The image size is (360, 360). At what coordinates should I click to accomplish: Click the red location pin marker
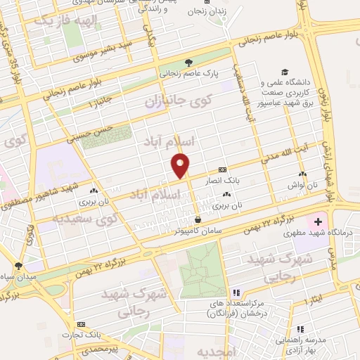click(x=181, y=164)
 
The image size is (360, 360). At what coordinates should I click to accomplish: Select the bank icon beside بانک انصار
click(x=222, y=169)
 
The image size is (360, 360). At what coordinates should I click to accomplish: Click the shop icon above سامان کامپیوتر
click(x=198, y=219)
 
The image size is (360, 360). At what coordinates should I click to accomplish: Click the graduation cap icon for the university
click(x=285, y=72)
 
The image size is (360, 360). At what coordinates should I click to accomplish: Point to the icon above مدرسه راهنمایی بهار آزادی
click(x=301, y=329)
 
